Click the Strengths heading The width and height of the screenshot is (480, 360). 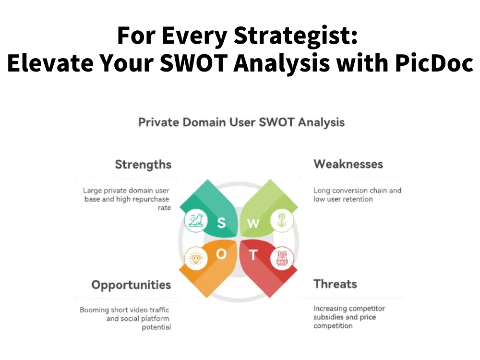coord(143,165)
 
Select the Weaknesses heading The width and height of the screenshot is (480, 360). coord(348,164)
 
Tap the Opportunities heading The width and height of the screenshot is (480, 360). coord(131,285)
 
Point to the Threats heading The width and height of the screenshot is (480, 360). coord(335,284)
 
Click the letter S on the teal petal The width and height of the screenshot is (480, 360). coord(221,222)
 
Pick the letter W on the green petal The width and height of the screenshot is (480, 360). coord(253,223)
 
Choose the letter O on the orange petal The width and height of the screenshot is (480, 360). coord(221,254)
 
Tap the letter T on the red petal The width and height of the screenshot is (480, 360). coord(253,255)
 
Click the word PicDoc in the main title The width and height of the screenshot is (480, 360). coord(434,64)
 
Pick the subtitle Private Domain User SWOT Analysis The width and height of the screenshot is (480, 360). coord(241,122)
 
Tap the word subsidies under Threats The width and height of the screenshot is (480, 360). coord(330,317)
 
